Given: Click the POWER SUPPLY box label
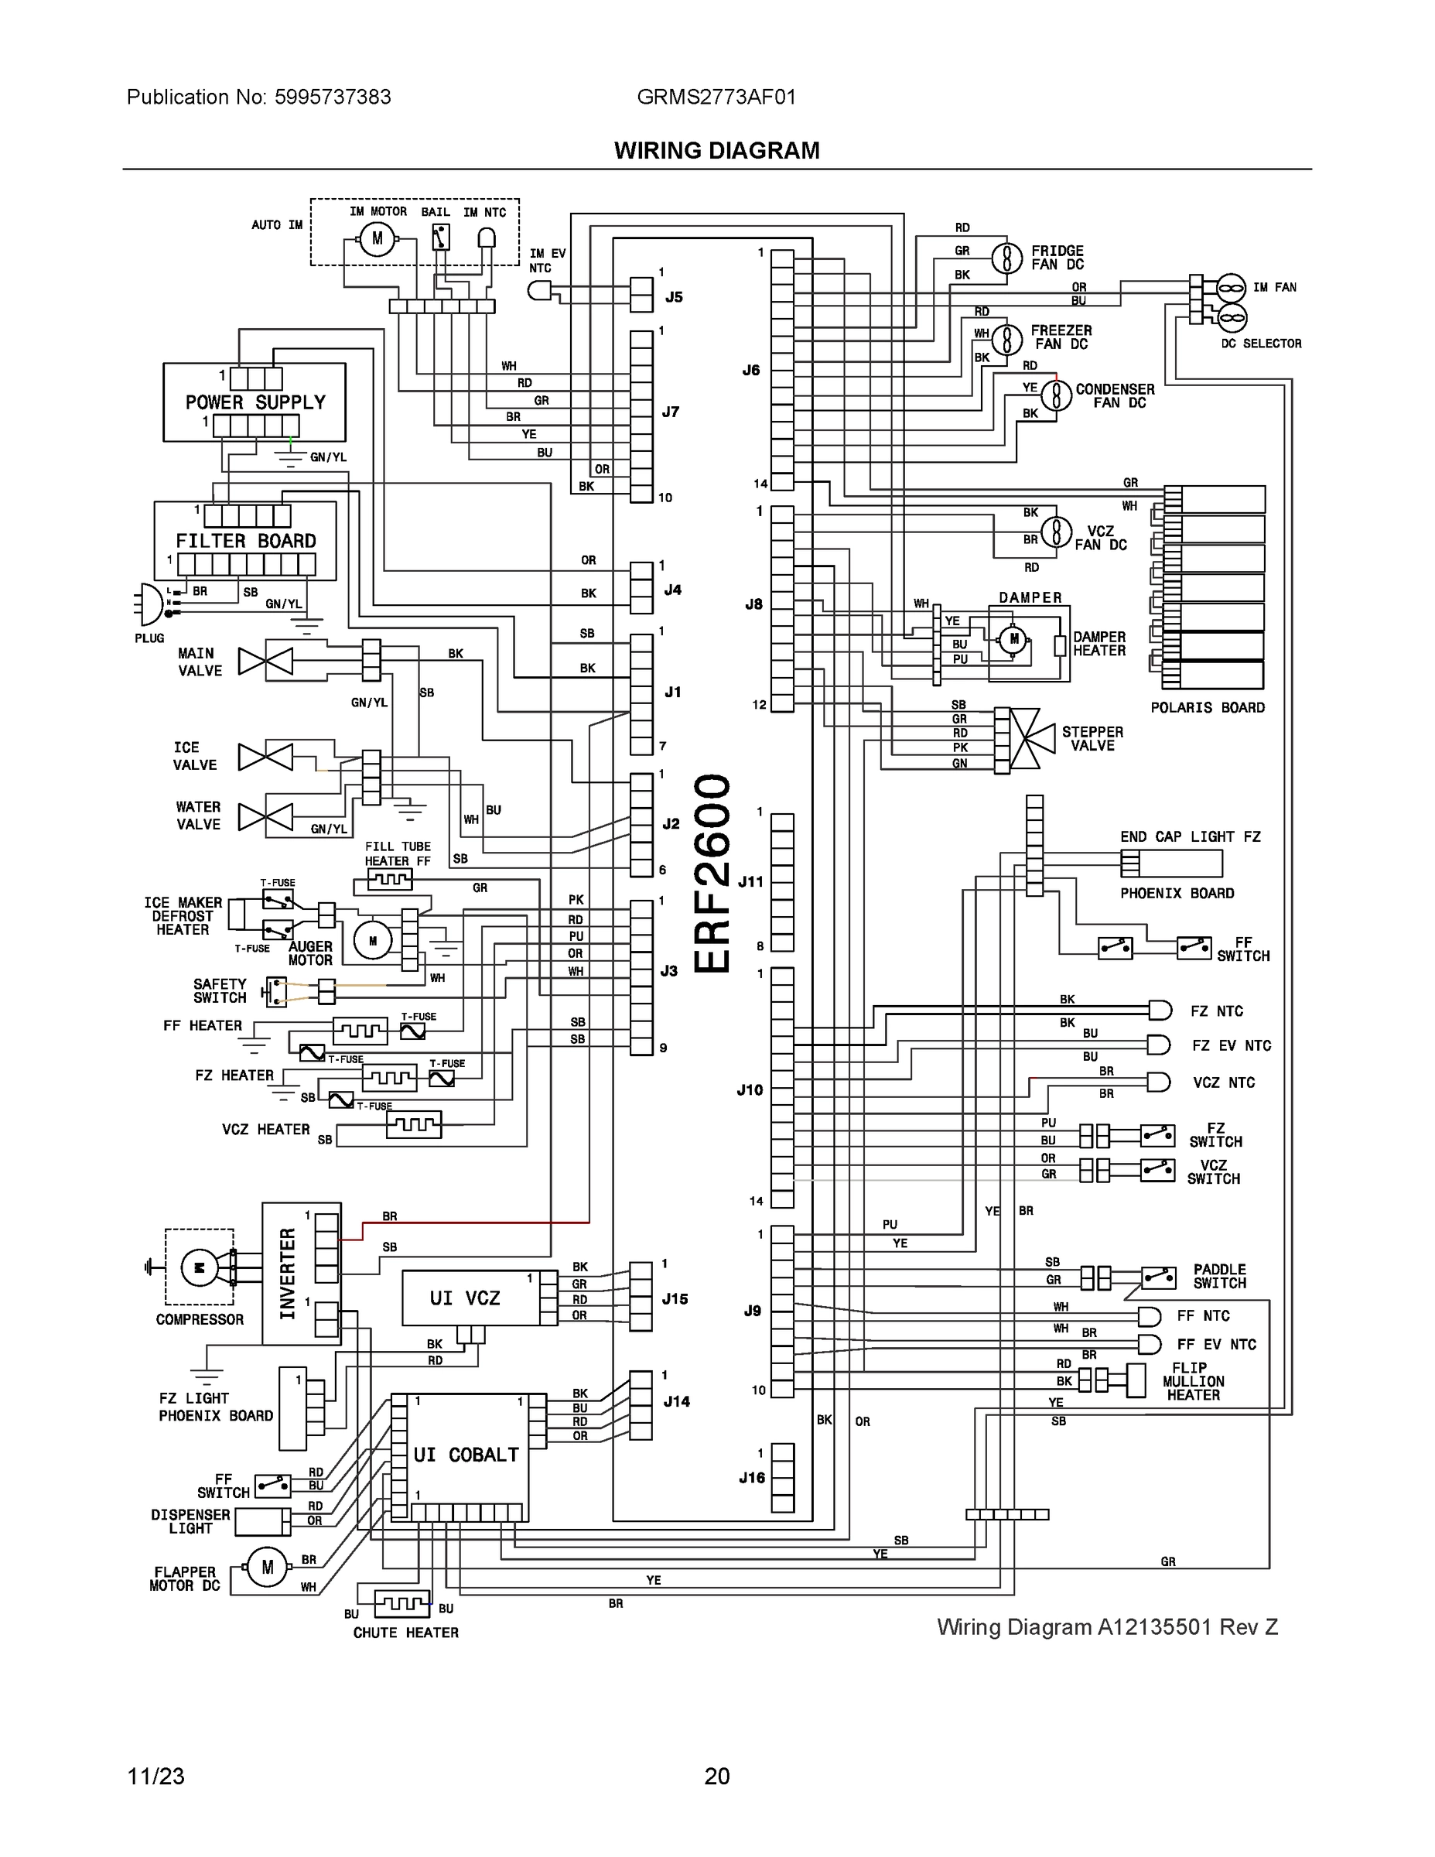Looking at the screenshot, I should [255, 402].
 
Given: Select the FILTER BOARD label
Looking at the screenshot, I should [246, 541].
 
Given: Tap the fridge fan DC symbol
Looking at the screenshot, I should [1006, 258].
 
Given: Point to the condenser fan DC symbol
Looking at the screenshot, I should [1057, 395].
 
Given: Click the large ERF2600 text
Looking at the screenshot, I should [712, 874].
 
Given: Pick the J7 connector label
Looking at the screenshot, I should [671, 412].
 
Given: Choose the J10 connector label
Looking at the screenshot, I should [750, 1090].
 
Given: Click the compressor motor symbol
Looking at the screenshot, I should [200, 1267].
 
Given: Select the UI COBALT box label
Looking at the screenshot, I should [466, 1455].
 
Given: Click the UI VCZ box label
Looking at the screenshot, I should [464, 1298].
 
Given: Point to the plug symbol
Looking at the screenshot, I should [149, 603].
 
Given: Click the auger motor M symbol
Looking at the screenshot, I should [372, 940].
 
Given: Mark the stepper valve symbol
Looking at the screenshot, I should [1030, 738].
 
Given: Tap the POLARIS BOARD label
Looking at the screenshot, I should [1207, 707].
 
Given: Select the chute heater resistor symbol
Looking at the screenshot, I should [401, 1604].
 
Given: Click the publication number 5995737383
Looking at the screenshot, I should [333, 97].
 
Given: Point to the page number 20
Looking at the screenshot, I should [716, 1777].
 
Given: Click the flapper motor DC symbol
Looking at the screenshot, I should [267, 1567].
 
